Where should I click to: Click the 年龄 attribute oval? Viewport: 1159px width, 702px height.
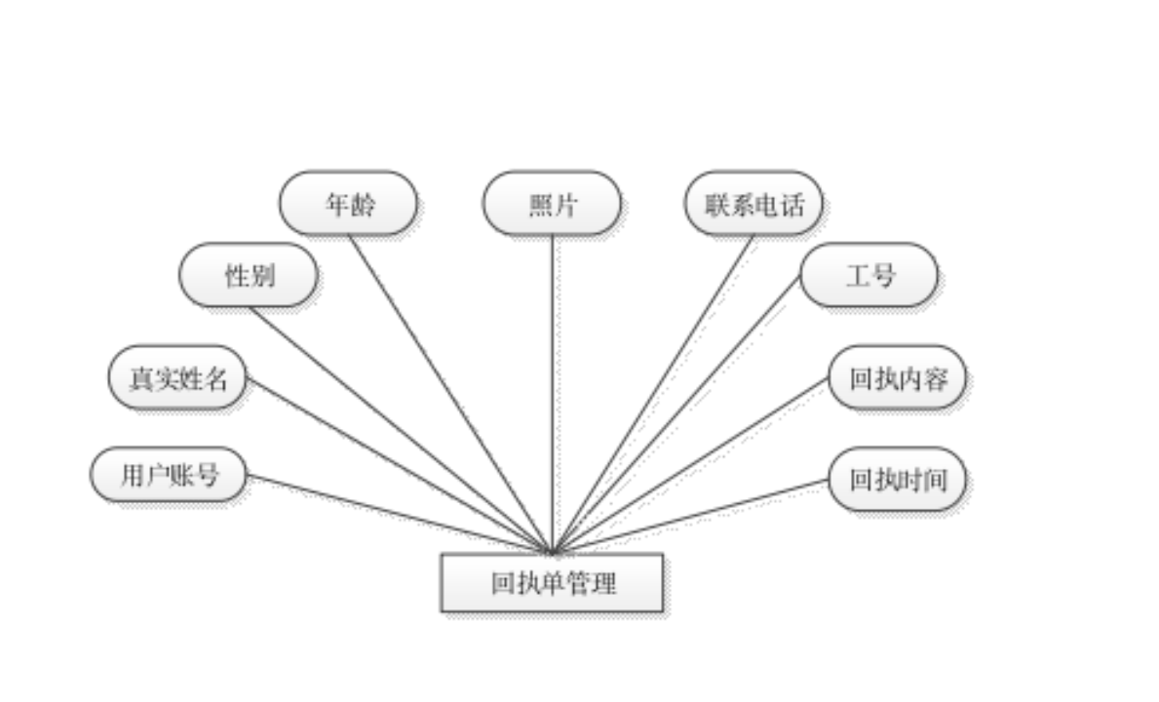coord(348,204)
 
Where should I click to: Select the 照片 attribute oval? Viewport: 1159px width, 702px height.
coord(552,204)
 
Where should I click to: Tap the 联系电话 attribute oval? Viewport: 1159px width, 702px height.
coord(753,204)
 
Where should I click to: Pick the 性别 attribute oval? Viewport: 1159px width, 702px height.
coord(249,276)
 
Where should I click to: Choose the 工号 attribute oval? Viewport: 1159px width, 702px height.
coord(869,276)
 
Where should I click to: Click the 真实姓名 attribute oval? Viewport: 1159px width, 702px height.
coord(177,378)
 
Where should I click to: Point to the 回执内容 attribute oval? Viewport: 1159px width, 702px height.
coord(897,378)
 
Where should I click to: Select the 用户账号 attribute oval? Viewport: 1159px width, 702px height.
coord(169,476)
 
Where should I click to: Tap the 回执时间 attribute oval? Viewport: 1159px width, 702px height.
coord(898,480)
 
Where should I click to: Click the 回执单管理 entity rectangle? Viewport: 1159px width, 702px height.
coord(553,583)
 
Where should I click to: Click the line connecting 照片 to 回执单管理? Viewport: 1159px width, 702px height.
coord(556,390)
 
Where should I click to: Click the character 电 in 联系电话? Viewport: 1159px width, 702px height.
coord(767,205)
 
